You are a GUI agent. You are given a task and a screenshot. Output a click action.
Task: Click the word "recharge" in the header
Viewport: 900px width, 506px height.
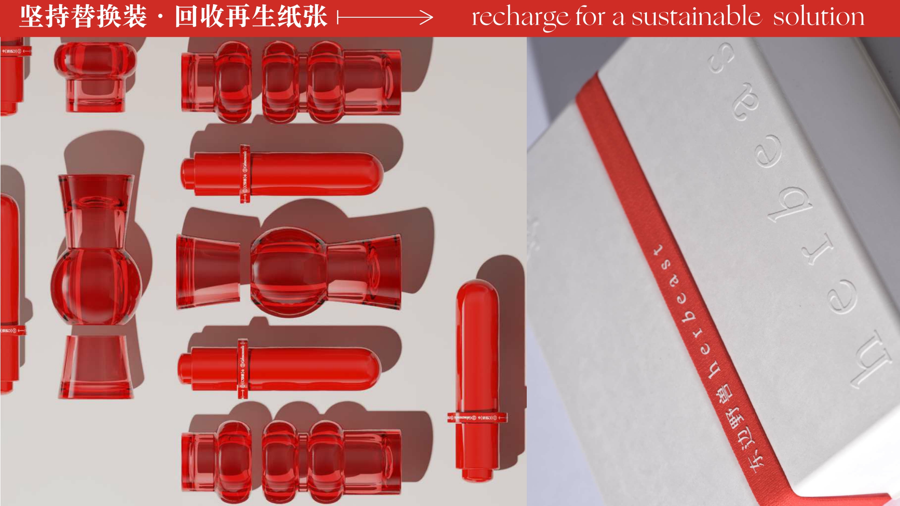520,18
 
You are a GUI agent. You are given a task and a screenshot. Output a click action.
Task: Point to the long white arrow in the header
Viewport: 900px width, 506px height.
385,17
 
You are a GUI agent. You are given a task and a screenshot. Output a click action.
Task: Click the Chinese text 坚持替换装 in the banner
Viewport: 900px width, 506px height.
83,17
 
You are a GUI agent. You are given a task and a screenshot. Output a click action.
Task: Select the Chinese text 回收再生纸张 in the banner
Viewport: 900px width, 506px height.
251,17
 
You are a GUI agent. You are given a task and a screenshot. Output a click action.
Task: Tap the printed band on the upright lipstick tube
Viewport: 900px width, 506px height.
477,417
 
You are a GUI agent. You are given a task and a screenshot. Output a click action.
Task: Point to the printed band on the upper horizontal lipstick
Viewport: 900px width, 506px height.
245,174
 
